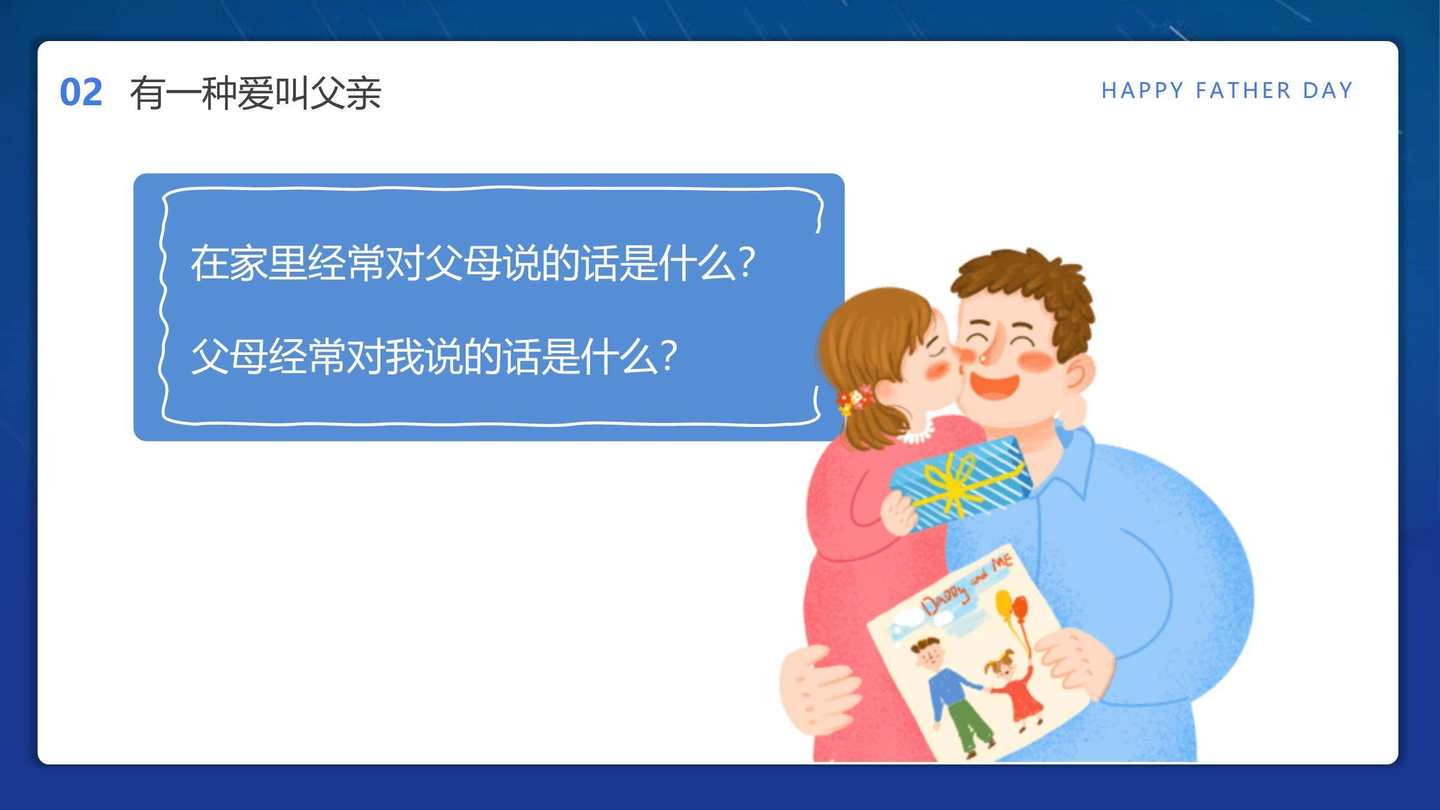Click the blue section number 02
[81, 92]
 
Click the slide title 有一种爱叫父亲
[256, 93]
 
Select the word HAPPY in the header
[1142, 91]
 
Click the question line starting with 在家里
[472, 263]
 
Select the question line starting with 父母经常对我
[433, 356]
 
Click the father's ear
[1077, 374]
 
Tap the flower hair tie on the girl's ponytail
[854, 400]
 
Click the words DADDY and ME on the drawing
[967, 585]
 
